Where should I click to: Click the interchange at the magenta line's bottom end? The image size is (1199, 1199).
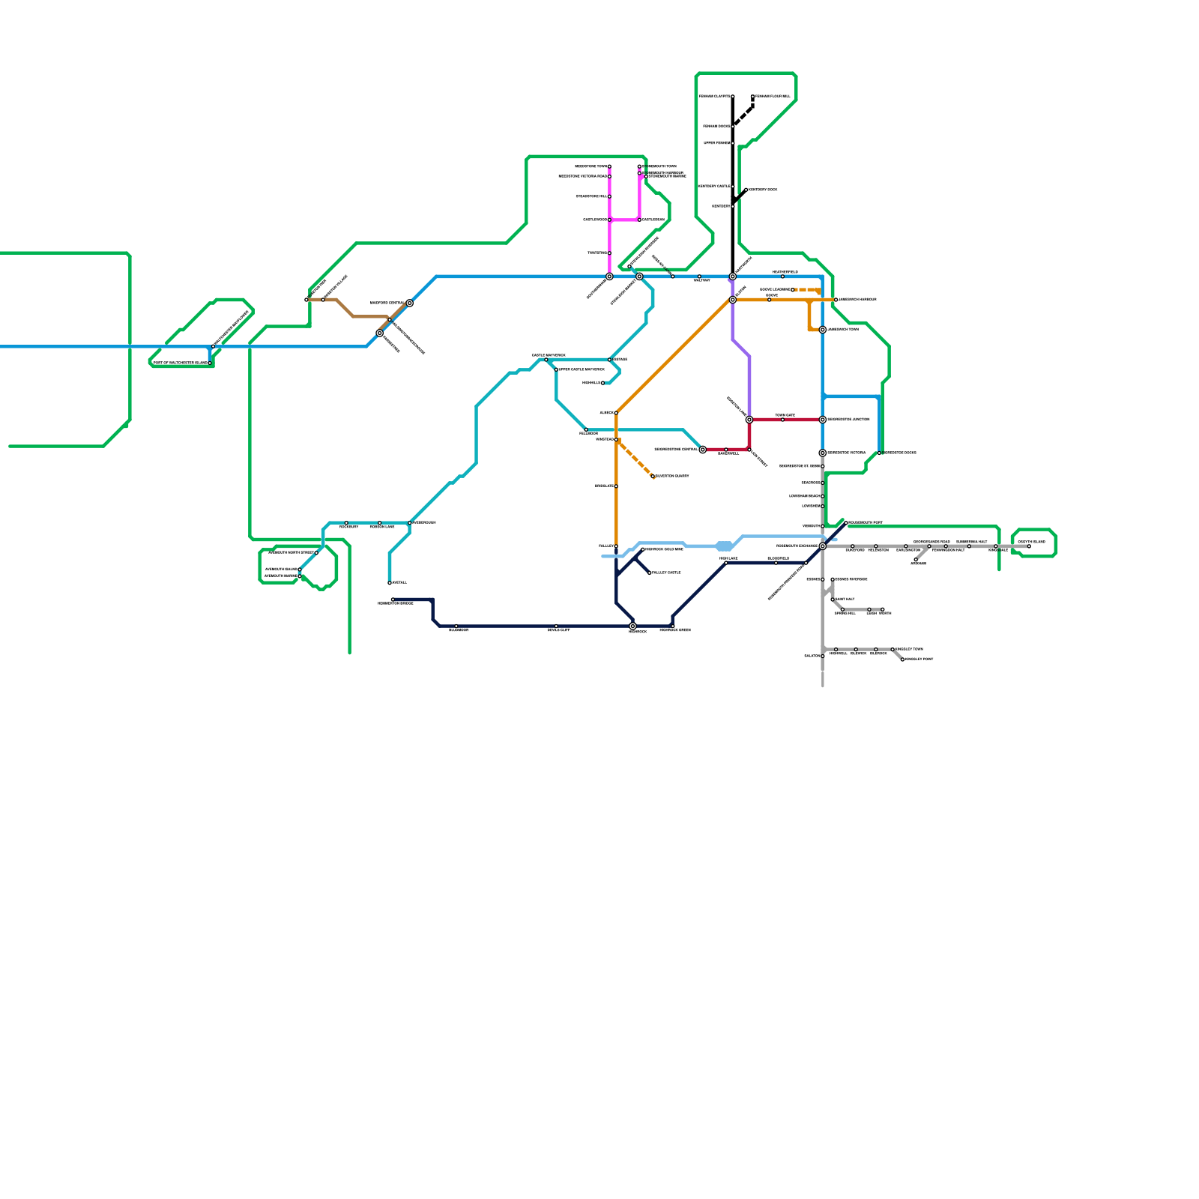tap(609, 277)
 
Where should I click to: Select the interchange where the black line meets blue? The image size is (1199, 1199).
tap(732, 277)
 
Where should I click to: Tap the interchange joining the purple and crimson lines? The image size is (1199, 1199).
tap(749, 420)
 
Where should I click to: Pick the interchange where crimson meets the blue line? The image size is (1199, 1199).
tap(822, 420)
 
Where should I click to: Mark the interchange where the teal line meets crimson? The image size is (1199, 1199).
tap(702, 450)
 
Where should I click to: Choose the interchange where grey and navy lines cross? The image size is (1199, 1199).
tap(822, 546)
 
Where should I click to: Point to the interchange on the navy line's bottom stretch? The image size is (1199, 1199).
tap(632, 626)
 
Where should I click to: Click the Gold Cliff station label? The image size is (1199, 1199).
tap(558, 630)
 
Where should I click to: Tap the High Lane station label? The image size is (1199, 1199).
tap(728, 558)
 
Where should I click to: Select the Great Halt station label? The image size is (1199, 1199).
tap(845, 599)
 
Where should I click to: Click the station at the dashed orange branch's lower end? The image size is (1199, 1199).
tap(653, 477)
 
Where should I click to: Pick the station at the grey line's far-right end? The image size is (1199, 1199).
tap(1028, 546)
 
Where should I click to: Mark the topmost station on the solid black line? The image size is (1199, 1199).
tap(732, 97)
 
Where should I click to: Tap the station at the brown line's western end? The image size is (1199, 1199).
tap(306, 300)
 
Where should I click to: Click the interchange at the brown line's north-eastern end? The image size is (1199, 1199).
tap(409, 303)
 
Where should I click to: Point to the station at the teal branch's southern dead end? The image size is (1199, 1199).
tap(390, 582)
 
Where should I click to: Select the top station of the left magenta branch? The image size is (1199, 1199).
tap(609, 166)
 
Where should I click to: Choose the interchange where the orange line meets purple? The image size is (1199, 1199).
tap(732, 300)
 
